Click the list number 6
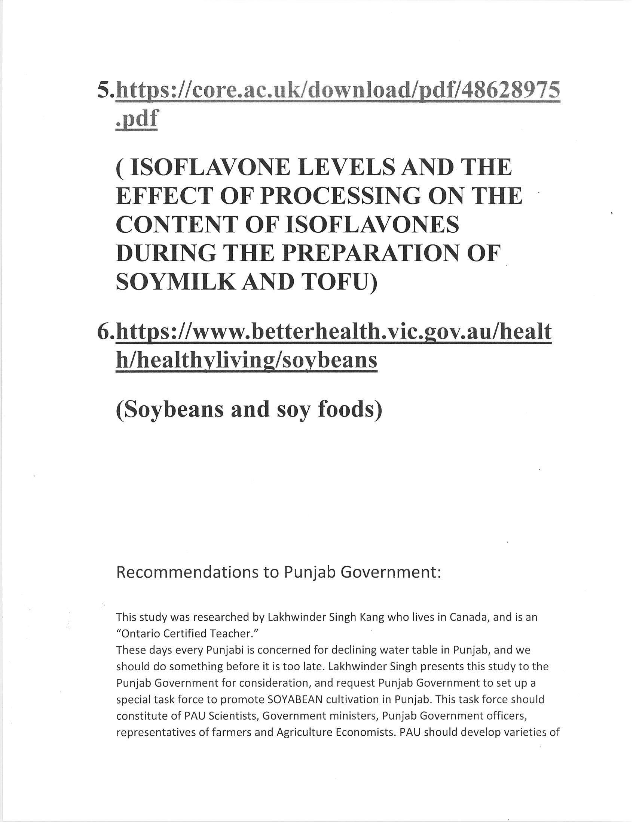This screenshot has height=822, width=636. pos(105,332)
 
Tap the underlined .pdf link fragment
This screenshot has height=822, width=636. pos(137,118)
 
